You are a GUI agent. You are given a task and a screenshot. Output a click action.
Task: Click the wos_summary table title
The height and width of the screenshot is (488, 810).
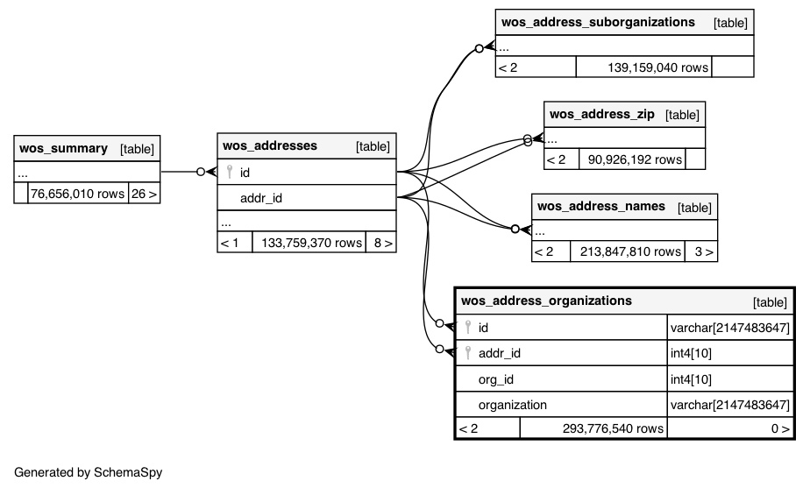(63, 149)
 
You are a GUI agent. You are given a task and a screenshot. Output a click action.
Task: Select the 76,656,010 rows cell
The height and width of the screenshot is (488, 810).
(77, 194)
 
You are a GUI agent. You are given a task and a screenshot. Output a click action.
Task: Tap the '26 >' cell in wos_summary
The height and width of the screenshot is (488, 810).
(144, 194)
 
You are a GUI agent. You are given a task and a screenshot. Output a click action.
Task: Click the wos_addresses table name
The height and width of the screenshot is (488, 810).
(270, 145)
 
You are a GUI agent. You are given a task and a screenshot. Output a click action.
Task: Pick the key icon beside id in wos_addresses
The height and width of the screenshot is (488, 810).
(230, 172)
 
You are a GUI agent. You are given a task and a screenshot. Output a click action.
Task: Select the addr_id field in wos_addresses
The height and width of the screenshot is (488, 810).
(261, 198)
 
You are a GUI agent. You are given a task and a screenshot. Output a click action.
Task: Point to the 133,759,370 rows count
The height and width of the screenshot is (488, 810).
(311, 243)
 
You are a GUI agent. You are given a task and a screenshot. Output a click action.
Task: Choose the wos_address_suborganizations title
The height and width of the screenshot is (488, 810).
(598, 22)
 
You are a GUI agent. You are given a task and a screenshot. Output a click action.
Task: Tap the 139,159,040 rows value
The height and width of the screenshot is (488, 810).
(657, 67)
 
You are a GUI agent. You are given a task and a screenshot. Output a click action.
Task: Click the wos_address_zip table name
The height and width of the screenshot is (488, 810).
(602, 114)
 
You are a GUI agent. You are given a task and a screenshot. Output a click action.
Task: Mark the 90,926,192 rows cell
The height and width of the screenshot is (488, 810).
(635, 159)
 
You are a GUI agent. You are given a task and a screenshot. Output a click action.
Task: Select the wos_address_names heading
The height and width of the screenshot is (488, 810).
(601, 206)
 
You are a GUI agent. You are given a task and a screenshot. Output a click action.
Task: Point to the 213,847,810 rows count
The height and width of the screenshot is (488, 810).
(630, 251)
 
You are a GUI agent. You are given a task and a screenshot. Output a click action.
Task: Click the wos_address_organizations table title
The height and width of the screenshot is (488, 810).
(546, 301)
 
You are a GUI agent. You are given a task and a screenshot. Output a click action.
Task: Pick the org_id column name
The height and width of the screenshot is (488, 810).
(496, 379)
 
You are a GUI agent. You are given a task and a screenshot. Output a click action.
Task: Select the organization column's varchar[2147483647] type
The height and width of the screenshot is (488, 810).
(730, 405)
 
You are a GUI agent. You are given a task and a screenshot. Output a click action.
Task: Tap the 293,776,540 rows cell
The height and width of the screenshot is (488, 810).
(613, 428)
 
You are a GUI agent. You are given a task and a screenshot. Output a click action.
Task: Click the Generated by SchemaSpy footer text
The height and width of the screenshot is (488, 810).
(89, 472)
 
